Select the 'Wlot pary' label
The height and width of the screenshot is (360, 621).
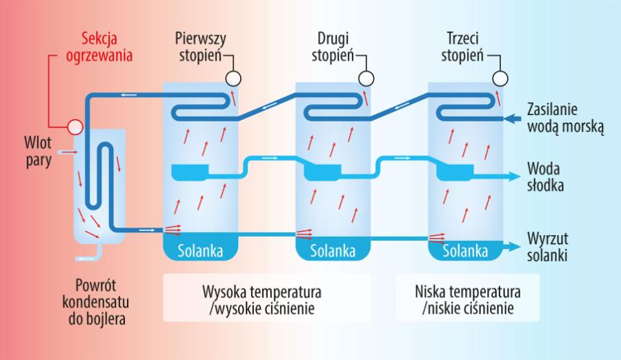35,151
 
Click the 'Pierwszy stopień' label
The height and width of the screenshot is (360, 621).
200,46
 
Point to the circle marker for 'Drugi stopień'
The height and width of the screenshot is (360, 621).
366,78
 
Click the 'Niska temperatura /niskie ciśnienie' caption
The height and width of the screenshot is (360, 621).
469,298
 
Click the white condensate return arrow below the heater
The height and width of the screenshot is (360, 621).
86,258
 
